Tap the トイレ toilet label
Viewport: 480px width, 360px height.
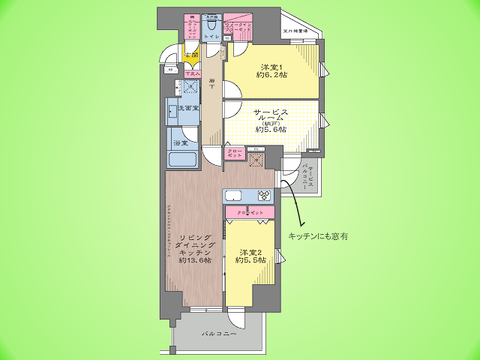[211, 37]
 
